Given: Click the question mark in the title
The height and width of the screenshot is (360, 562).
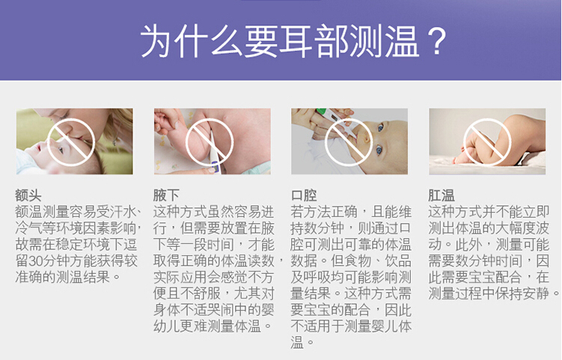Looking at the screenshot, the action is [436, 41].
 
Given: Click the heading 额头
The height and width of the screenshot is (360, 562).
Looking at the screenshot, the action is [28, 196].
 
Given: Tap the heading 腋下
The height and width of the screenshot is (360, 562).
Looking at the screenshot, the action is [166, 196].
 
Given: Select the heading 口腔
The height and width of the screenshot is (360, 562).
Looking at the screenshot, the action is [304, 196].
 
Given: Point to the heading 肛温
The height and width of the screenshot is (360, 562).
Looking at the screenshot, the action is [442, 196].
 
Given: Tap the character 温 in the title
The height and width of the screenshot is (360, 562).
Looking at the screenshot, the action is [401, 41].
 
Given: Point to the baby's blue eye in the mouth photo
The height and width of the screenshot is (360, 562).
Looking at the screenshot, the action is [379, 149].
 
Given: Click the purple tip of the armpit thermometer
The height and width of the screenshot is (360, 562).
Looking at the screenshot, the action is [216, 167].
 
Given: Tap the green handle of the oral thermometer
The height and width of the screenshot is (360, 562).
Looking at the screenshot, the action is [322, 112].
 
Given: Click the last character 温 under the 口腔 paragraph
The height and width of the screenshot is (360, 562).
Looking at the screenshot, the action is [297, 343].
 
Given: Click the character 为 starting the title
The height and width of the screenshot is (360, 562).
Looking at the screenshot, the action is [156, 41].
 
